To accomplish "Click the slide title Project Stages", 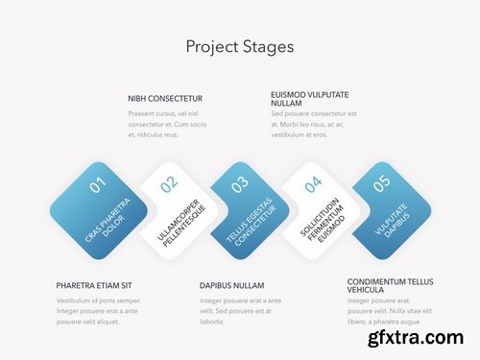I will [x=239, y=46].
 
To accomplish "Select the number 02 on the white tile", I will [x=169, y=184].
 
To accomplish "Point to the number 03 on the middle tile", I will [x=239, y=183].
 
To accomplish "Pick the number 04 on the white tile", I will [x=313, y=184].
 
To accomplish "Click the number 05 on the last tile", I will [x=381, y=182].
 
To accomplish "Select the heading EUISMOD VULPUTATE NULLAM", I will [x=309, y=98].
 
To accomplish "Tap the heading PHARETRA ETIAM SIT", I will [x=93, y=285].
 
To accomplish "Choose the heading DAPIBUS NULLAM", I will [x=231, y=285].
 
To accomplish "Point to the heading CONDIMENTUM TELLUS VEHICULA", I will [x=390, y=285].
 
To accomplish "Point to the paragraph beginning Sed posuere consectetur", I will [x=315, y=124].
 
